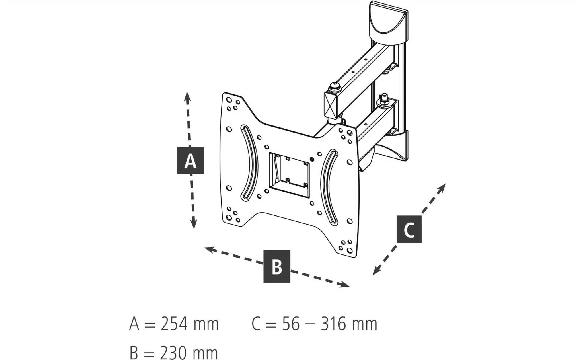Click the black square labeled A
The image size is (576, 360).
click(x=190, y=160)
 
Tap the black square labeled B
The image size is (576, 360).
click(x=277, y=266)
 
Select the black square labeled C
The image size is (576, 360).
click(x=409, y=229)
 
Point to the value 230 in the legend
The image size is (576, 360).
click(x=174, y=353)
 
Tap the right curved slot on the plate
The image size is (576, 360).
click(x=328, y=186)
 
